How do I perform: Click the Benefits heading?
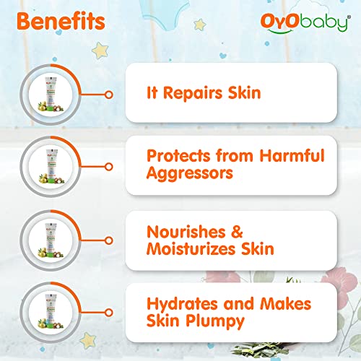tap(61, 21)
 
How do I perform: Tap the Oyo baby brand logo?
tap(305, 23)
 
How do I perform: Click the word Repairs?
tap(193, 93)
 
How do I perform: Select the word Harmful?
tap(292, 155)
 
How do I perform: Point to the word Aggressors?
tap(190, 173)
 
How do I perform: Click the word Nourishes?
tap(186, 232)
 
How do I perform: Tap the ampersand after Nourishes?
tap(237, 232)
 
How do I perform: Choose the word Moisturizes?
tap(191, 248)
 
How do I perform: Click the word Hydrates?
tap(182, 304)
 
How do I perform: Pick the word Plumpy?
tap(215, 321)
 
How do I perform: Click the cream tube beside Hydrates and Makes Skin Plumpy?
tap(51, 311)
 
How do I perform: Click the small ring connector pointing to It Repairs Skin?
tap(109, 95)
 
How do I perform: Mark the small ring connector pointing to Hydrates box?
tap(109, 313)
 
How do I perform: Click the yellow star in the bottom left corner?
tap(88, 341)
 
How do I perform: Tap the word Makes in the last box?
tap(286, 304)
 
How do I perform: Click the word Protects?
tap(178, 156)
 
